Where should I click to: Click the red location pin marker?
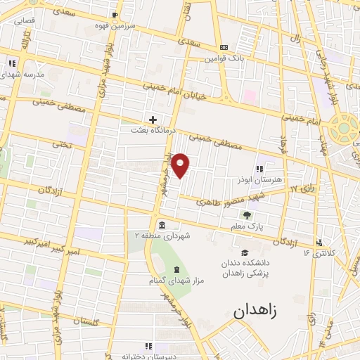click(x=181, y=165)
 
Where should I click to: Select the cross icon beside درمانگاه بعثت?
click(x=153, y=120)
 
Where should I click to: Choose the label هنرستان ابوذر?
click(x=279, y=179)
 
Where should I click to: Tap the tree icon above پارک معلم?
click(x=246, y=215)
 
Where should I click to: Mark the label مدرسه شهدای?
click(x=26, y=74)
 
